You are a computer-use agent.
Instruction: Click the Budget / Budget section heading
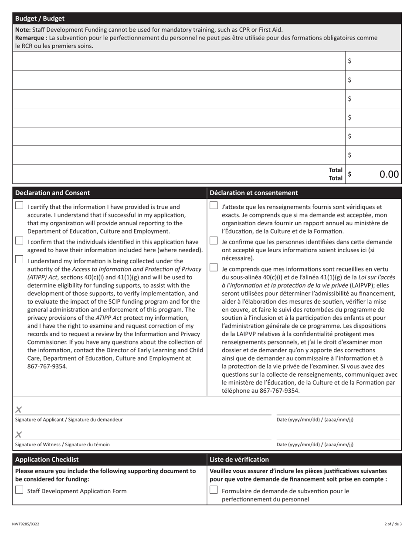click(x=40, y=19)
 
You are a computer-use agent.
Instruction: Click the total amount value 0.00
click(x=389, y=174)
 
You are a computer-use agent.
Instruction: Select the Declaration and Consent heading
click(x=53, y=193)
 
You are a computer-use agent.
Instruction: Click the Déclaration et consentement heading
click(x=254, y=193)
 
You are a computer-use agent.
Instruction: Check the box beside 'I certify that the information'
click(x=19, y=206)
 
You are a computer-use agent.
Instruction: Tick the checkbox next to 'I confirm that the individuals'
click(x=19, y=241)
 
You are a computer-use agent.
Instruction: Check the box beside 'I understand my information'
click(x=19, y=259)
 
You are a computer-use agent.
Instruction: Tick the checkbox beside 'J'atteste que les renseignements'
click(x=214, y=206)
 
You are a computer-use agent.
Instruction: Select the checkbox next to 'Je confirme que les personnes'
click(x=214, y=241)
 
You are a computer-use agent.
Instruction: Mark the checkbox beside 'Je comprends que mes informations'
click(x=214, y=267)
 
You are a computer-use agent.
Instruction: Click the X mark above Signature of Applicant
click(x=19, y=409)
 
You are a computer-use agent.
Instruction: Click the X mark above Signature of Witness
click(x=19, y=434)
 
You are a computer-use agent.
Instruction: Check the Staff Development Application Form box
click(x=19, y=490)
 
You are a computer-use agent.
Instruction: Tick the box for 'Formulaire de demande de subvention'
click(x=214, y=490)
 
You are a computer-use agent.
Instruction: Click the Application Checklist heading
click(x=47, y=459)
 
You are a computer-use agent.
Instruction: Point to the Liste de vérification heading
click(x=239, y=459)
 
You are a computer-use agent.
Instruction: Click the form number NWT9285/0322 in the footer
click(x=26, y=524)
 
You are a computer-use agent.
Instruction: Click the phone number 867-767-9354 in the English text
click(x=48, y=366)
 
